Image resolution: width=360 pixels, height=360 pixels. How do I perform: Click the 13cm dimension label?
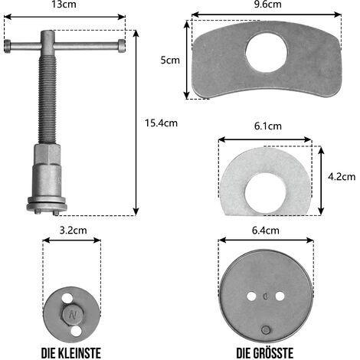click(x=64, y=5)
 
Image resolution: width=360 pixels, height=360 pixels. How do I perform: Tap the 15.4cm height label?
click(x=161, y=123)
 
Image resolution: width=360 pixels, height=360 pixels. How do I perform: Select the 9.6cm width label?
click(x=268, y=5)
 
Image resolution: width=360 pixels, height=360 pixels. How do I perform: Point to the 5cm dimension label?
click(x=170, y=61)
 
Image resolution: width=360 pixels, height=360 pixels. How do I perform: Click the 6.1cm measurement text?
click(x=268, y=126)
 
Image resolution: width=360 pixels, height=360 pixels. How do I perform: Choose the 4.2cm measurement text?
click(x=342, y=177)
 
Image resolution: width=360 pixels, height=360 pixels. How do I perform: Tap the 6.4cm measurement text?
click(x=266, y=231)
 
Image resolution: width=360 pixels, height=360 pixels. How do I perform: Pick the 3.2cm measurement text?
click(x=74, y=231)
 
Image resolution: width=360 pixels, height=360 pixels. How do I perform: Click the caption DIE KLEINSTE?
click(x=71, y=353)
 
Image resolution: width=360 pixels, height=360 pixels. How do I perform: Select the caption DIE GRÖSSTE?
click(x=265, y=353)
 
